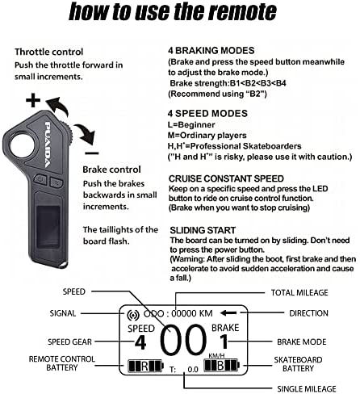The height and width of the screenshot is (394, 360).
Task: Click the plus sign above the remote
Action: (x=33, y=100)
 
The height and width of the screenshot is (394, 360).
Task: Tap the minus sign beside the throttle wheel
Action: (x=92, y=153)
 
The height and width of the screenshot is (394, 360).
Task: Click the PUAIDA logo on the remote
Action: (x=48, y=145)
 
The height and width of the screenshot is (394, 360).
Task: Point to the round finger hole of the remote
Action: (x=23, y=145)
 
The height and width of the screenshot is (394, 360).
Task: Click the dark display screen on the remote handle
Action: (x=48, y=227)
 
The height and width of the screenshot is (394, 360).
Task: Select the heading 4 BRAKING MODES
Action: (x=211, y=51)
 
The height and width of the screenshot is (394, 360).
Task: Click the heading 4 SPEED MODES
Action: (x=207, y=113)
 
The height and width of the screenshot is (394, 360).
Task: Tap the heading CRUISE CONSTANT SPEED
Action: (x=226, y=178)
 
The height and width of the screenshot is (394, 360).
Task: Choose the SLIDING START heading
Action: (x=203, y=230)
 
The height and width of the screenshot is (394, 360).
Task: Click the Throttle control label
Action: (x=49, y=52)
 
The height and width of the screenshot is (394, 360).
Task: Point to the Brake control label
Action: (x=111, y=170)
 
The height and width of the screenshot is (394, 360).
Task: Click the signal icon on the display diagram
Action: (x=133, y=315)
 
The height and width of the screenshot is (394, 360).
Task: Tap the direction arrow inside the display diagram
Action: (x=228, y=313)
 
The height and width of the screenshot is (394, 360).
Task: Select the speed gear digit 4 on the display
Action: (x=140, y=342)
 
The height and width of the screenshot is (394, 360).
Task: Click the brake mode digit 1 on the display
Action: (x=224, y=342)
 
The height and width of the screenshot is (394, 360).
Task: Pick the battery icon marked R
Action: (x=145, y=366)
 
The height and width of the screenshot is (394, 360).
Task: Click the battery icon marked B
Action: (x=221, y=365)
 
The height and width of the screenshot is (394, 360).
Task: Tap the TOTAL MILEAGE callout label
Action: (x=299, y=292)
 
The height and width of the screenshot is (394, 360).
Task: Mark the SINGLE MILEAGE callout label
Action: (x=307, y=388)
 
